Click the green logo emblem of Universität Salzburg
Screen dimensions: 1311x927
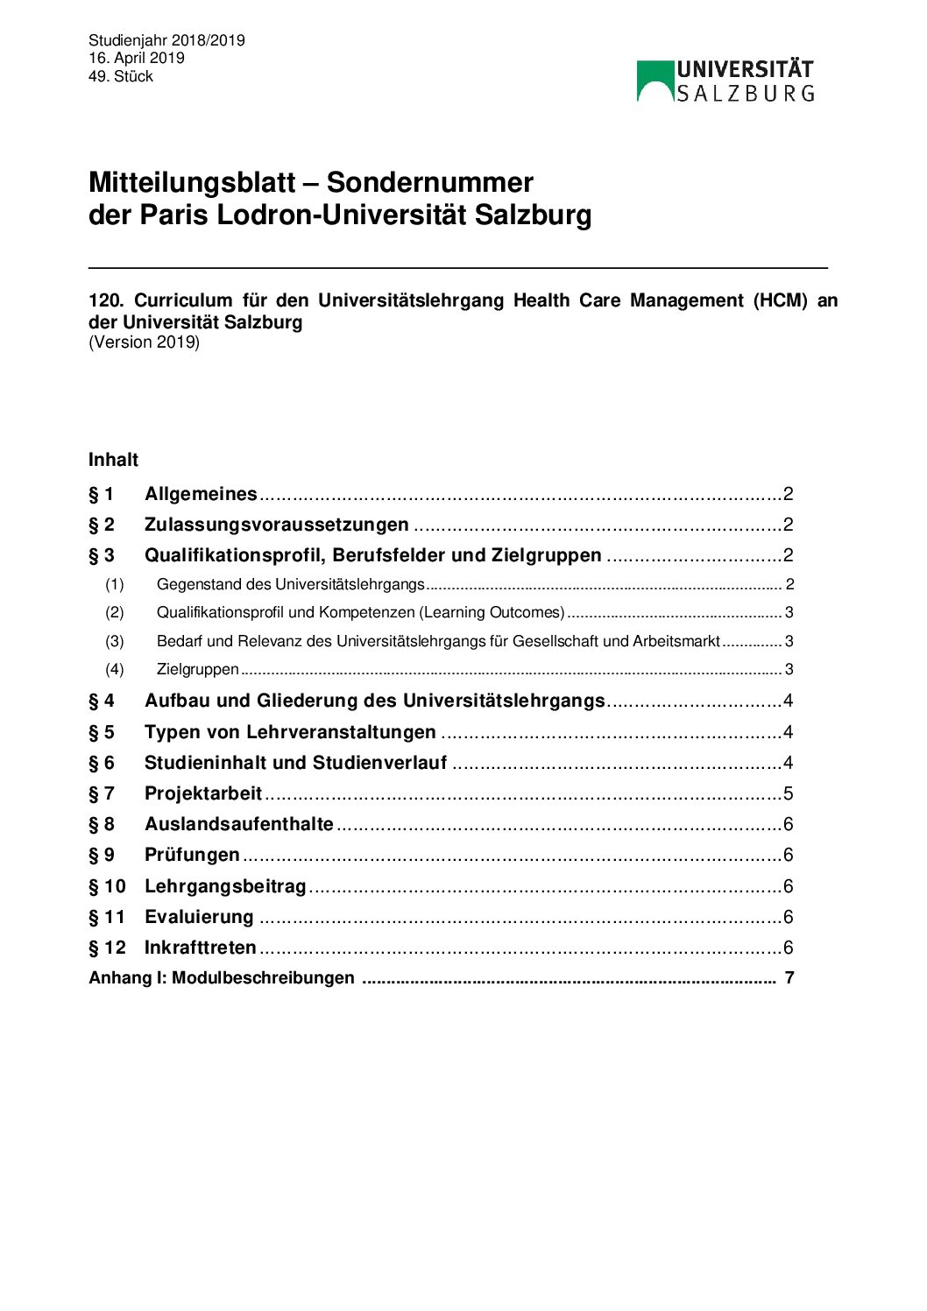(655, 81)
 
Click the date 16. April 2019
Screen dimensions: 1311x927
(136, 58)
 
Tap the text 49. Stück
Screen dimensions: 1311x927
(121, 76)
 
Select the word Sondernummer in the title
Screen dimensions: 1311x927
(429, 182)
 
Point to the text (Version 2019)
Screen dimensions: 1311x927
(144, 342)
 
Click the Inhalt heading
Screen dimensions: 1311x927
(113, 460)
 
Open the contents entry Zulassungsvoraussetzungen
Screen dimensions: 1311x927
(276, 525)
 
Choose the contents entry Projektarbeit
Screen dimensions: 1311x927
(203, 793)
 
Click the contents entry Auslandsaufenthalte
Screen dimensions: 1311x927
(238, 824)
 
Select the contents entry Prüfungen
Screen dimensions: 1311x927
(192, 855)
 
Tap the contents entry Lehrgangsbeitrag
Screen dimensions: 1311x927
(225, 886)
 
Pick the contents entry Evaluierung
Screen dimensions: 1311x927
(199, 917)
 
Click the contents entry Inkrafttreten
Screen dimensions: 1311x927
(200, 948)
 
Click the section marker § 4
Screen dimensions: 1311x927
(101, 701)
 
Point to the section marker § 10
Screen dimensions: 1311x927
(107, 886)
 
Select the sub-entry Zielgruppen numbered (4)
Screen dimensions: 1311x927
(197, 669)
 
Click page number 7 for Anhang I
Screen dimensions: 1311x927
(789, 977)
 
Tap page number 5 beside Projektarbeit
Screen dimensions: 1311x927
(789, 793)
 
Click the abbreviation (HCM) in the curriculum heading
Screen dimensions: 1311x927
(780, 300)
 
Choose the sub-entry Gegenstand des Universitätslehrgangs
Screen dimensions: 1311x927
(290, 584)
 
